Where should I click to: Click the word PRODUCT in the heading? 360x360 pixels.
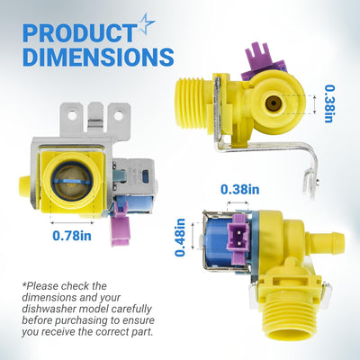coord(79,32)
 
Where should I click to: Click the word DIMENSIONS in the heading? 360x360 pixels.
coord(98,57)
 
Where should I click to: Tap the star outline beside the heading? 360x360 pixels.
coord(146,23)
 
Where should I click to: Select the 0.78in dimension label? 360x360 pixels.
coord(72,236)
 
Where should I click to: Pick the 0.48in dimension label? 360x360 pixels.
coord(180,238)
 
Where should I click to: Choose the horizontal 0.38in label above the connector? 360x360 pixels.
coord(240,190)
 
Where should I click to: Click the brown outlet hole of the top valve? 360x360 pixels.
coord(273,103)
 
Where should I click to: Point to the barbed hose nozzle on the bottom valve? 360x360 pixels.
coord(327,239)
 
